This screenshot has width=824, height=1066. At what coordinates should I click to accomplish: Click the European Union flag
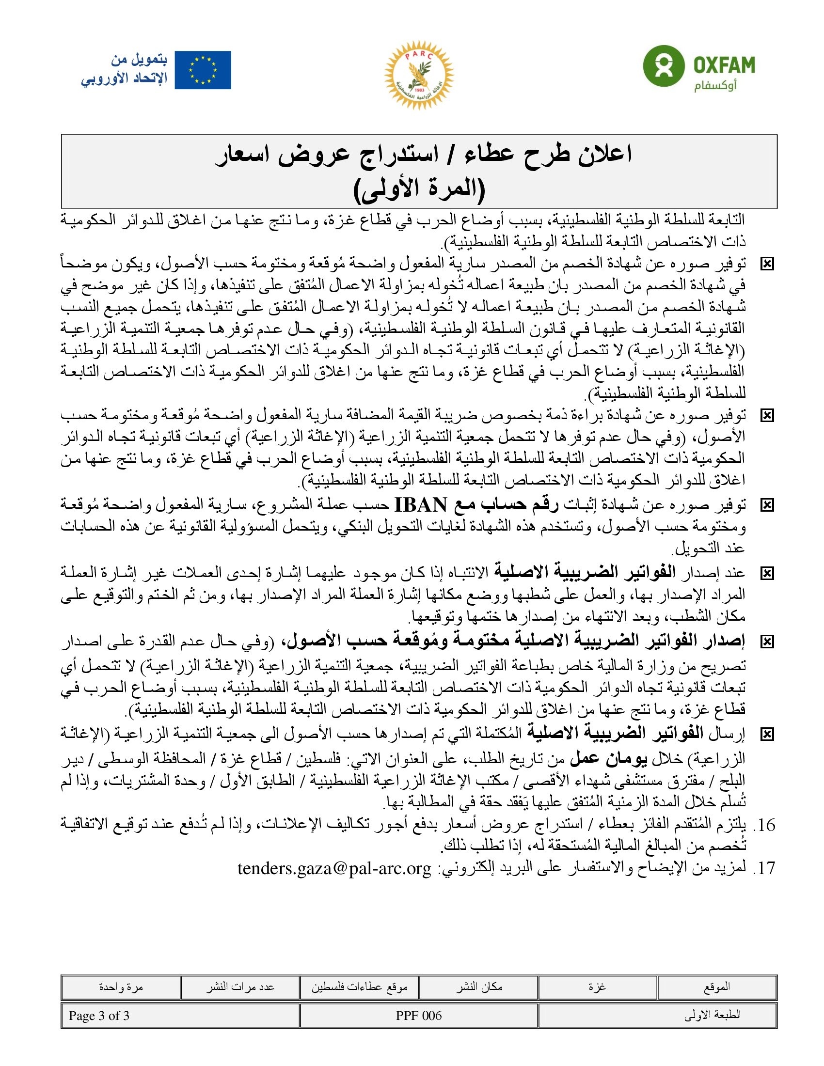coord(203,70)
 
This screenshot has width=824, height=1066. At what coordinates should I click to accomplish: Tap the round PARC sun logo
coord(418,75)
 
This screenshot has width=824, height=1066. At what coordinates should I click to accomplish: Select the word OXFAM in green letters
coord(724,65)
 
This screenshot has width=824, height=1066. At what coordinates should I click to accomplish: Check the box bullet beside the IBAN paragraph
coord(767,505)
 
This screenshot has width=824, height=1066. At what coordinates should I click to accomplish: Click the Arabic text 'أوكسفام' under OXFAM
coord(715,86)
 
